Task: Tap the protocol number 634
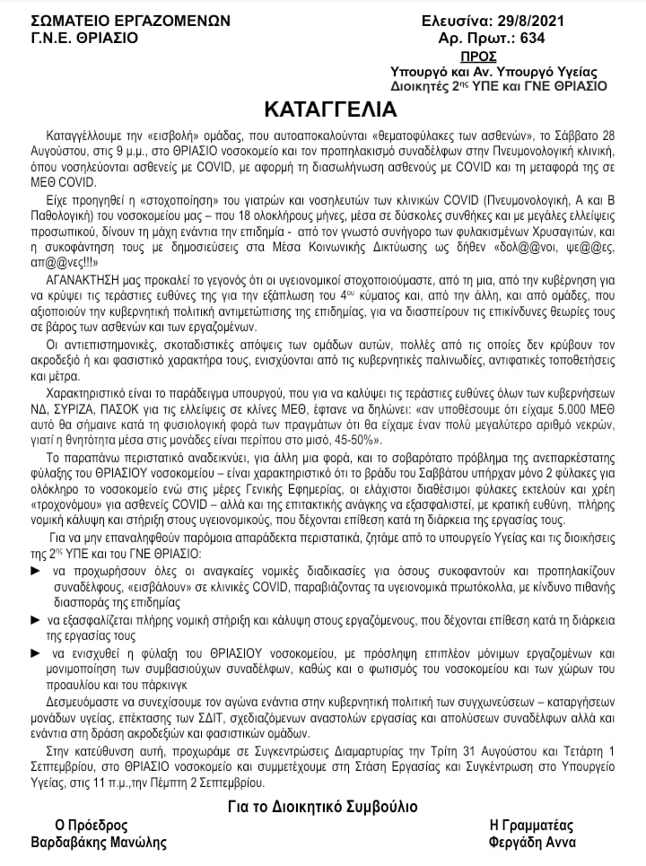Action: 530,38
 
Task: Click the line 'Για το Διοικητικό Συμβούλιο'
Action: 322,806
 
